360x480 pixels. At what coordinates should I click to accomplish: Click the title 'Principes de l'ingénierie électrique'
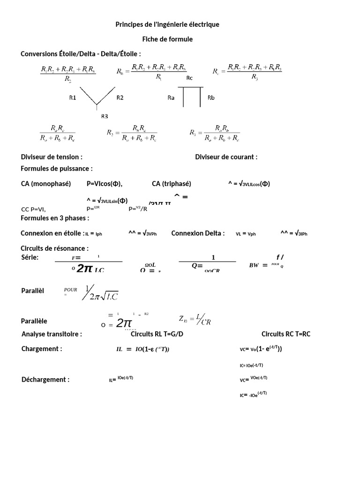(167, 24)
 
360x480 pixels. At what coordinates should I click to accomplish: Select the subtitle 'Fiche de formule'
(167, 39)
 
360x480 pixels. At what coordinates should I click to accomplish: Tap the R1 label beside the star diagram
(73, 98)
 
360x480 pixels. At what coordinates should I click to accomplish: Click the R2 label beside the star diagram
(120, 98)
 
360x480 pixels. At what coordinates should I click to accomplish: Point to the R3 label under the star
(105, 116)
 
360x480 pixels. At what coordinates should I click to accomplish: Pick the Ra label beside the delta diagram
(171, 98)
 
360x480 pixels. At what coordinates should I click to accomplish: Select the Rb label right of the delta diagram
(211, 98)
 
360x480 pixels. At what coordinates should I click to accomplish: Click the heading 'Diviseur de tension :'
(52, 157)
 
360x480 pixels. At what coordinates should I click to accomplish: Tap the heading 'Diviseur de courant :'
(226, 157)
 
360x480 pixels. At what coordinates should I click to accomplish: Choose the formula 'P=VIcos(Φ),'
(108, 184)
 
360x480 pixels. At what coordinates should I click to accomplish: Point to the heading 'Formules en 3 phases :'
(55, 218)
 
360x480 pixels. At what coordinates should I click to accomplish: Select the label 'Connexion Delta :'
(198, 233)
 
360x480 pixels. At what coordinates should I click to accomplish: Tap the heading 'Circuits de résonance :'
(54, 248)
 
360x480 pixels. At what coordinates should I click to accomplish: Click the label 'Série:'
(30, 257)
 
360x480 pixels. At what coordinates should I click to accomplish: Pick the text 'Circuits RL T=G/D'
(158, 334)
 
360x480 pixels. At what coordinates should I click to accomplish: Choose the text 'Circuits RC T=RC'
(286, 334)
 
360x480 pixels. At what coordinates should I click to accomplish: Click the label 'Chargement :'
(42, 349)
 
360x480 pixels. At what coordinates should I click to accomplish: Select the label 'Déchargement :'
(45, 380)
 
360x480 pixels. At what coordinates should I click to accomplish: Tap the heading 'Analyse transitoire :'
(52, 334)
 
